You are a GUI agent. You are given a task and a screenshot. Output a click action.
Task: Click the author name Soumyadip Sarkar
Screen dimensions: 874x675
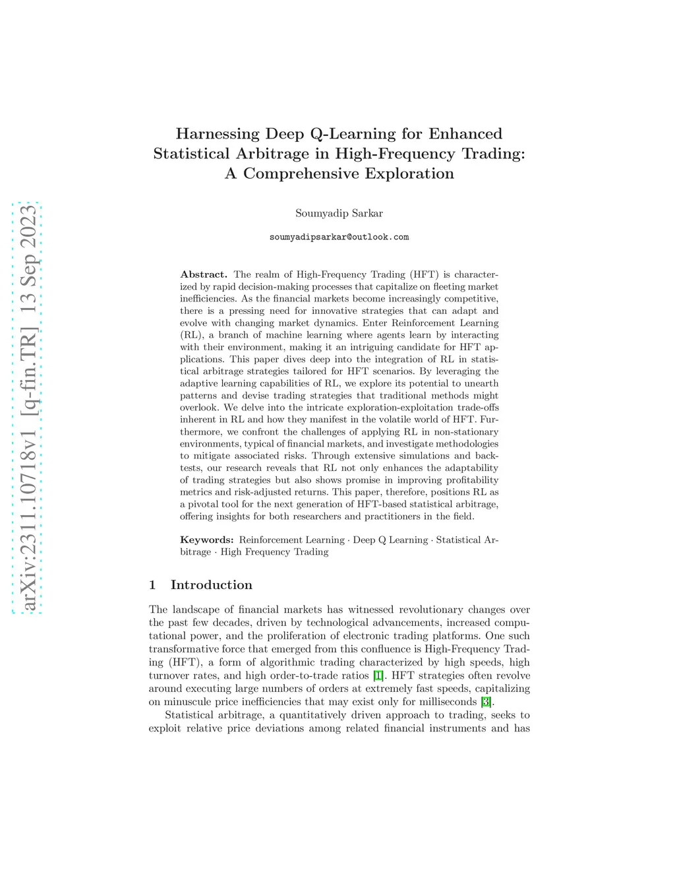339,213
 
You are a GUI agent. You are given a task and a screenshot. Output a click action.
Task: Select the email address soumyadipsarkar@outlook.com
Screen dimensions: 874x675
339,237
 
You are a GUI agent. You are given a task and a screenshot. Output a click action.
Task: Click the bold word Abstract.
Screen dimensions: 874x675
204,274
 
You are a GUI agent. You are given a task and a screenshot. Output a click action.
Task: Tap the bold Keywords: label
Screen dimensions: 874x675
207,540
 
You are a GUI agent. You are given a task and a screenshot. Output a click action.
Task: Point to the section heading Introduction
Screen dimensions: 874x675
211,584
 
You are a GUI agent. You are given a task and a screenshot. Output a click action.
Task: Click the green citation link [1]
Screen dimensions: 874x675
378,675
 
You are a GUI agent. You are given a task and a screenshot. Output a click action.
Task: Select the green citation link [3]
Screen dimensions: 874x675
486,702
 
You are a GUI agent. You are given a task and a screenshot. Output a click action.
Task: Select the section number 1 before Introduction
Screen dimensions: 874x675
152,584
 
